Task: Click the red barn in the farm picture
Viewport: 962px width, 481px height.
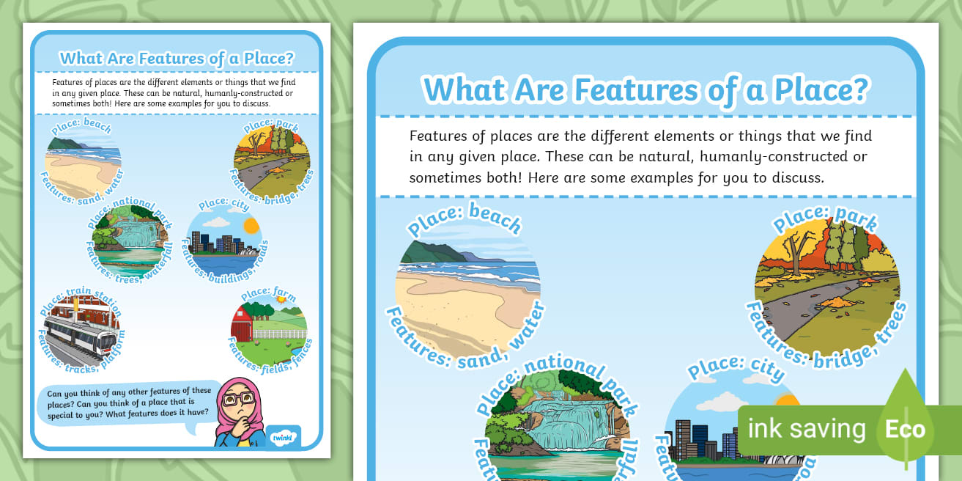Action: click(243, 325)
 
